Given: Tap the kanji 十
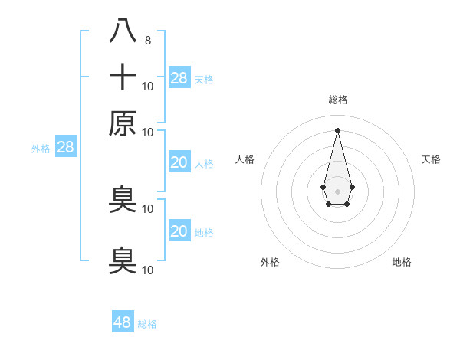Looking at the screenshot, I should pyautogui.click(x=123, y=77).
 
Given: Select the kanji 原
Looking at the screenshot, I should pyautogui.click(x=123, y=123).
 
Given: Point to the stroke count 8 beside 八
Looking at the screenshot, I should pyautogui.click(x=147, y=41).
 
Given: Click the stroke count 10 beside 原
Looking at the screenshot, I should pyautogui.click(x=148, y=132).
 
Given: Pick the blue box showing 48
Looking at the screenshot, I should pyautogui.click(x=123, y=322).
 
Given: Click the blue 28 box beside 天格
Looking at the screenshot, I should pyautogui.click(x=179, y=78).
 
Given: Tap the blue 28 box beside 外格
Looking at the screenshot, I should pyautogui.click(x=65, y=148).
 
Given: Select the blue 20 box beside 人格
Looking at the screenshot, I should pyautogui.click(x=179, y=162).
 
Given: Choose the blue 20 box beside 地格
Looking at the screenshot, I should pyautogui.click(x=179, y=231).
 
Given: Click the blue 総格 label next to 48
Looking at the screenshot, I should pyautogui.click(x=147, y=324).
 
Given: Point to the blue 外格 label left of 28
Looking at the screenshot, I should pyautogui.click(x=41, y=149).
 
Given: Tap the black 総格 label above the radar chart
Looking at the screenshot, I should pyautogui.click(x=337, y=100).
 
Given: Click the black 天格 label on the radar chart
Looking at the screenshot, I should pyautogui.click(x=431, y=159).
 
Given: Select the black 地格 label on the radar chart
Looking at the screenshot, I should pyautogui.click(x=402, y=263).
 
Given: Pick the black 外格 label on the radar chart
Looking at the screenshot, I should pyautogui.click(x=270, y=263).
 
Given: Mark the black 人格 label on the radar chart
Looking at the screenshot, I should pyautogui.click(x=245, y=159).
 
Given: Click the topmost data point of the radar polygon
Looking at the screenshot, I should pyautogui.click(x=337, y=129).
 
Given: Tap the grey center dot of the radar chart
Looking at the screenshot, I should pyautogui.click(x=337, y=190).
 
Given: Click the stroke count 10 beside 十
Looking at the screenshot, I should pyautogui.click(x=148, y=86).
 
